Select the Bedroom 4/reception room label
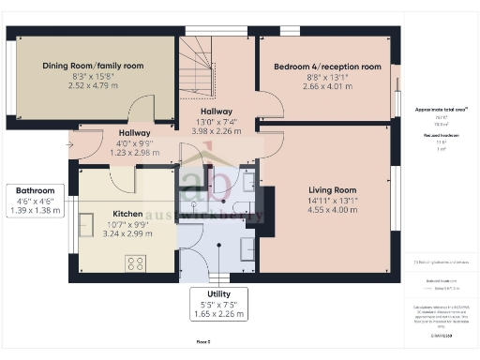pos(327,67)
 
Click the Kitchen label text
pos(127,213)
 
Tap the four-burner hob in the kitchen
pos(135,263)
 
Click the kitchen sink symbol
pos(86,224)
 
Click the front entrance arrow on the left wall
pos(70,146)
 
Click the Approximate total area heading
pos(442,110)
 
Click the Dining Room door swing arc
pos(142,108)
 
